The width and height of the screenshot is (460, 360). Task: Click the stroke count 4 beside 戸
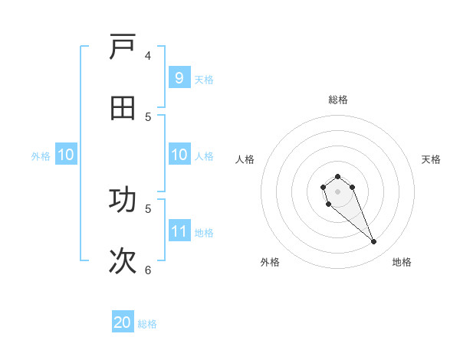pos(148,56)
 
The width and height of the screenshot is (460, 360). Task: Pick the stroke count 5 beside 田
pos(148,116)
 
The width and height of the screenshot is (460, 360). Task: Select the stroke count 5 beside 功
pos(148,208)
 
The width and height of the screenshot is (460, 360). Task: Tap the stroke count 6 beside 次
pos(148,269)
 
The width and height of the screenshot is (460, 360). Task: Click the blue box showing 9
pos(179,78)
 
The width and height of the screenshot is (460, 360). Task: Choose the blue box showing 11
pos(179,231)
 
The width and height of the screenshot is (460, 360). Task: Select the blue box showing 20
pos(123,322)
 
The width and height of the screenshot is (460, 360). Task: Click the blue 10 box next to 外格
pos(66,155)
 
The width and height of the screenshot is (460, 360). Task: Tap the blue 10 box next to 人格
pos(179,155)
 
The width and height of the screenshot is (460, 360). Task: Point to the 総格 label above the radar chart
pos(338,100)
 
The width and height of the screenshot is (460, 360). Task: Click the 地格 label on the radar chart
pos(402,262)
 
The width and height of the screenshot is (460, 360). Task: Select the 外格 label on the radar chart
pos(270,262)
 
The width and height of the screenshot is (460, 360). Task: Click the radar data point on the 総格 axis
pos(337,177)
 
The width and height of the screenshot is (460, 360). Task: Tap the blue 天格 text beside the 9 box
pos(204,79)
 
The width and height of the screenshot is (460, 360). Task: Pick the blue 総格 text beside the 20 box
pos(147,324)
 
